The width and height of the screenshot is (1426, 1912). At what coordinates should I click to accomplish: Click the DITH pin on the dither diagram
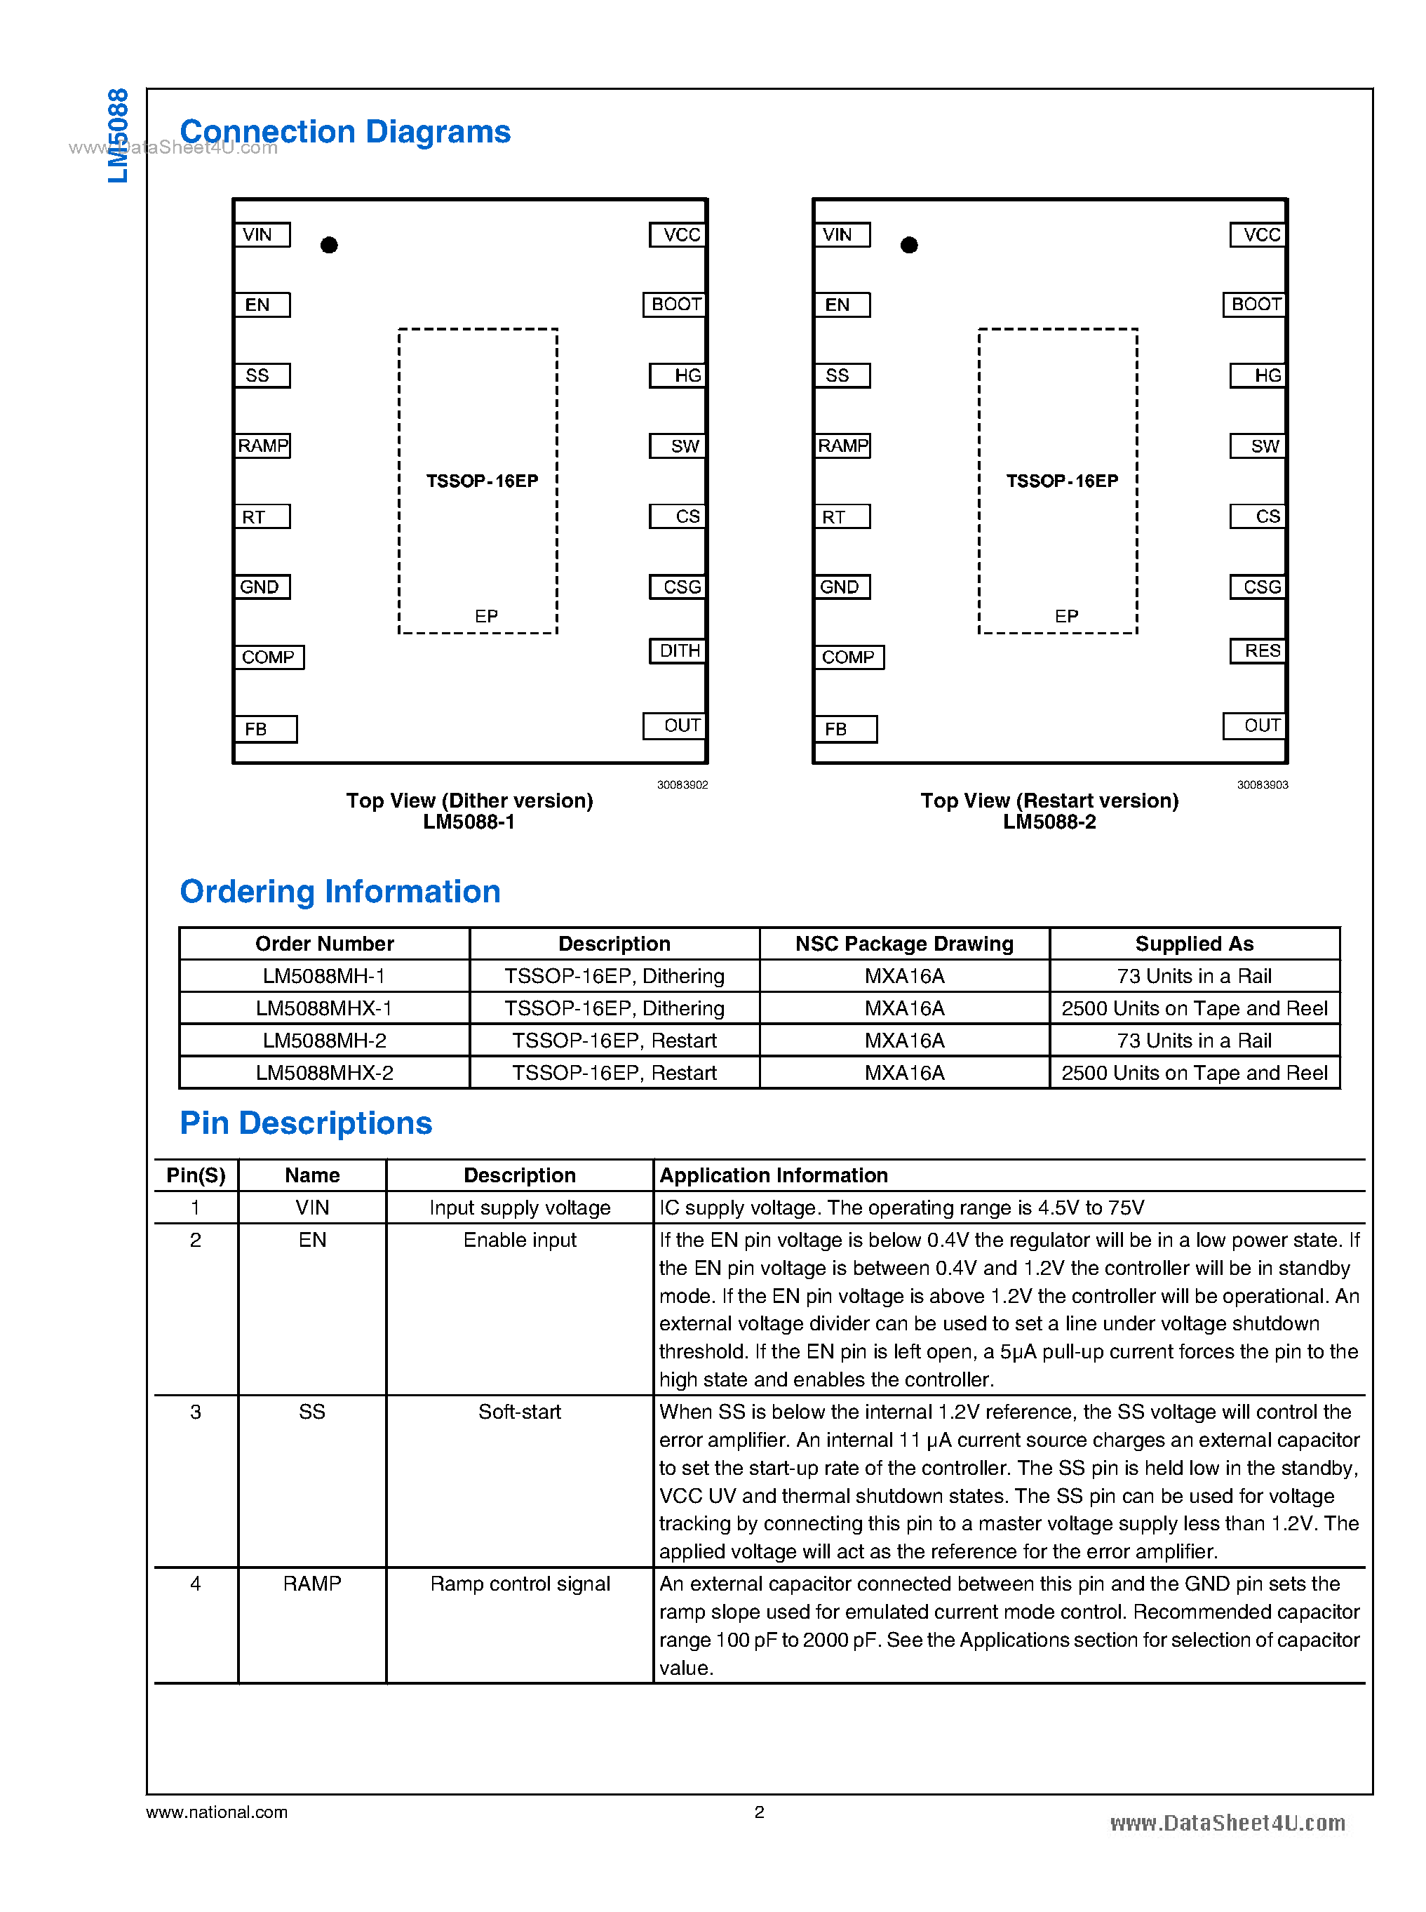pos(678,651)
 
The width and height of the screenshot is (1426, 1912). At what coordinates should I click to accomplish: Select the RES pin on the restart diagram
pos(1259,651)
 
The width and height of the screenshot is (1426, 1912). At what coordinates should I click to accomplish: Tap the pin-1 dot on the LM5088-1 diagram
pos(329,246)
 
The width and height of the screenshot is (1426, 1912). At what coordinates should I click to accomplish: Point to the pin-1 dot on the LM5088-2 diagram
pos(909,246)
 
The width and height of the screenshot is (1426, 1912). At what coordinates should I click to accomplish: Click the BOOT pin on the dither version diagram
pos(675,305)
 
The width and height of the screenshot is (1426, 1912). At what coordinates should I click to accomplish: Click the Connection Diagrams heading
pos(345,132)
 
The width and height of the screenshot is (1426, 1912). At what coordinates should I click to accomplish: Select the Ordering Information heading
pos(340,892)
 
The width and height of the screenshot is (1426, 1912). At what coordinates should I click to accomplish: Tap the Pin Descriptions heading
pos(306,1123)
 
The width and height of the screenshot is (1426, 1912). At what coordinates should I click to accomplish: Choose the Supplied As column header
pos(1194,944)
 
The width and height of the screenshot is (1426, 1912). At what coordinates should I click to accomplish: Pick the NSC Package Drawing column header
pos(903,944)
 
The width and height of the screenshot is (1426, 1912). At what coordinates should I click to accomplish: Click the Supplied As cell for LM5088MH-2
pos(1194,1041)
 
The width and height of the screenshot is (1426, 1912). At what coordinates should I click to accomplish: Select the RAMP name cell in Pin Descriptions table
pos(311,1584)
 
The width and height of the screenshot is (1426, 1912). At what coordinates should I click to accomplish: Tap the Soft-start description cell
pos(520,1412)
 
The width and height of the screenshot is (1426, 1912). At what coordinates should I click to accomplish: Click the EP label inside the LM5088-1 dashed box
pos(486,617)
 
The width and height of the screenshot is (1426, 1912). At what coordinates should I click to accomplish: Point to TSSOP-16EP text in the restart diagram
pos(1062,481)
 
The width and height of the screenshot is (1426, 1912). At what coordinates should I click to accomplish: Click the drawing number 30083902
pos(682,785)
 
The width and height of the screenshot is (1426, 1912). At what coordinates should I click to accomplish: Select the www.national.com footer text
pos(217,1812)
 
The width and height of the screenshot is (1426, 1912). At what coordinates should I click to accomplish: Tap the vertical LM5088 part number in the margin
pos(119,135)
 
